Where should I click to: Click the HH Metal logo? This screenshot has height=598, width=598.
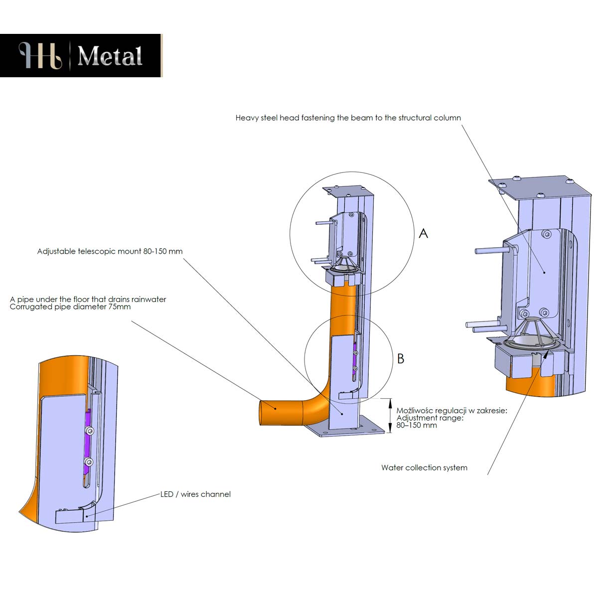point(81,55)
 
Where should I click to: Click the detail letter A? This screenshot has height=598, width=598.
point(424,233)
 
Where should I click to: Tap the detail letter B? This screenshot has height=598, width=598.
point(401,358)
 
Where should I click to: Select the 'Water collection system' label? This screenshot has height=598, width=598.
point(424,468)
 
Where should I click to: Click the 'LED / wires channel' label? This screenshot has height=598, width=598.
point(195,494)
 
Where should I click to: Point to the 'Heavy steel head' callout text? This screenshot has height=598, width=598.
point(348,118)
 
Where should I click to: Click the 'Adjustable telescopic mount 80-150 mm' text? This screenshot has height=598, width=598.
point(110,251)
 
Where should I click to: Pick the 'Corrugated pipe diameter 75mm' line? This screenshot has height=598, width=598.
point(70,307)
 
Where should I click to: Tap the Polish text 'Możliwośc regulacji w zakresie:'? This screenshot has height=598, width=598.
point(451,411)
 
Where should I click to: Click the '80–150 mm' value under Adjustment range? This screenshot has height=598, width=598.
point(417,426)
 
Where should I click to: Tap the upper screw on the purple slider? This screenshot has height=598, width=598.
point(89,431)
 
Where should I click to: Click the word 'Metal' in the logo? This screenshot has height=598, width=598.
point(110,56)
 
